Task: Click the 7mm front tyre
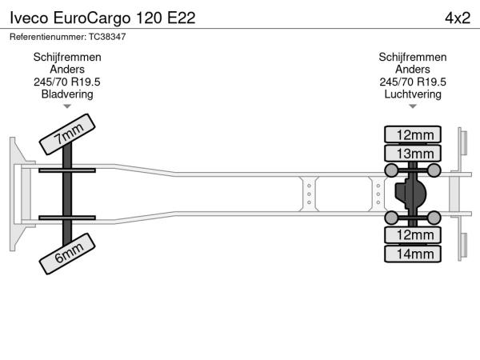(x=67, y=134)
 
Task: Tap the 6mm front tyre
(x=67, y=254)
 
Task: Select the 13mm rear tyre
(x=413, y=154)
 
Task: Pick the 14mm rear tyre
(x=413, y=254)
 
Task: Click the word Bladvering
(x=67, y=94)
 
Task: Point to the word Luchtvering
(x=413, y=94)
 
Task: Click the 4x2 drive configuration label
(x=458, y=18)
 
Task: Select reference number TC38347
(x=107, y=37)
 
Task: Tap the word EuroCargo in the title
(x=92, y=18)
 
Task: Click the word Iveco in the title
(x=29, y=18)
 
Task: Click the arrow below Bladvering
(x=67, y=106)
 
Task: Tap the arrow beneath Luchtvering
(x=413, y=106)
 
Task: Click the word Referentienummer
(x=48, y=37)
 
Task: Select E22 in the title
(x=182, y=18)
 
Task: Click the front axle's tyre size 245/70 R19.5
(x=67, y=82)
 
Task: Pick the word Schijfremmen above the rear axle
(x=413, y=58)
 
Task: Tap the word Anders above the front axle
(x=67, y=70)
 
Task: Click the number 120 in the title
(x=149, y=18)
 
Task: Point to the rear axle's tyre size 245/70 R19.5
(x=413, y=82)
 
